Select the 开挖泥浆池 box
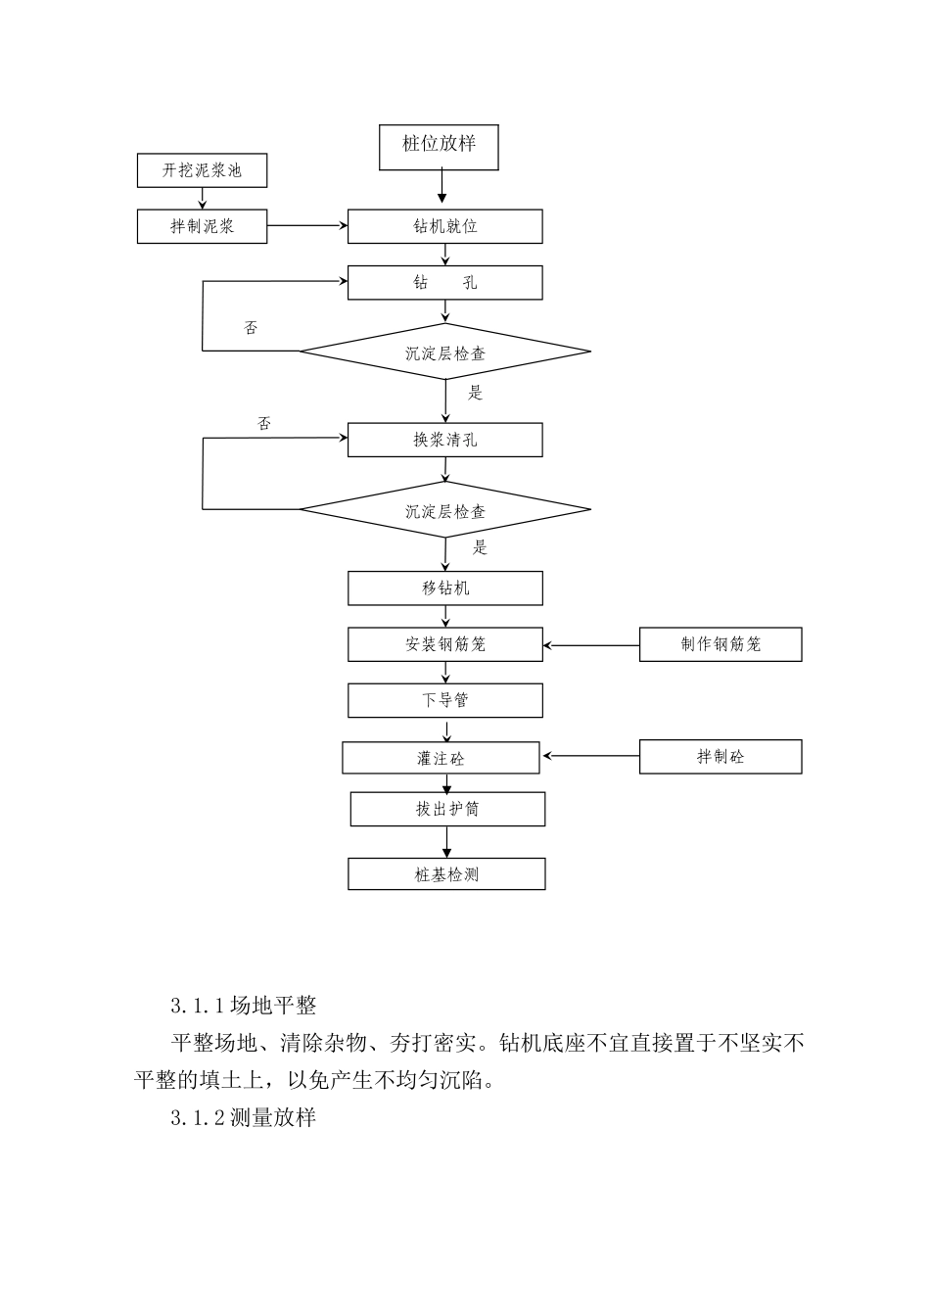coord(202,170)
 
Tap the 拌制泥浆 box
coord(202,226)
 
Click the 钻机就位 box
coord(444,226)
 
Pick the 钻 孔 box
coord(444,283)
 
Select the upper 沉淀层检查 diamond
coord(444,352)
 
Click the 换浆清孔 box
coord(444,440)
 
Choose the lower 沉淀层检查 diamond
coord(444,510)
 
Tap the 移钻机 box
coord(444,588)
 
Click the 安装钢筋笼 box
coord(444,644)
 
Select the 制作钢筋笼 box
coord(721,644)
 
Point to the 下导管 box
coord(444,700)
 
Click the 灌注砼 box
coord(441,758)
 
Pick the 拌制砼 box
coord(721,757)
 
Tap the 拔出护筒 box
coord(447,809)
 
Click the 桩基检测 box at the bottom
coord(446,874)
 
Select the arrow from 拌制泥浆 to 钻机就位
coord(306,226)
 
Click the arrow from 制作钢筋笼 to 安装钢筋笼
coord(591,645)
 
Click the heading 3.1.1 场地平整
coord(243,1005)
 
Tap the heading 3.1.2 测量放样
coord(243,1117)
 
